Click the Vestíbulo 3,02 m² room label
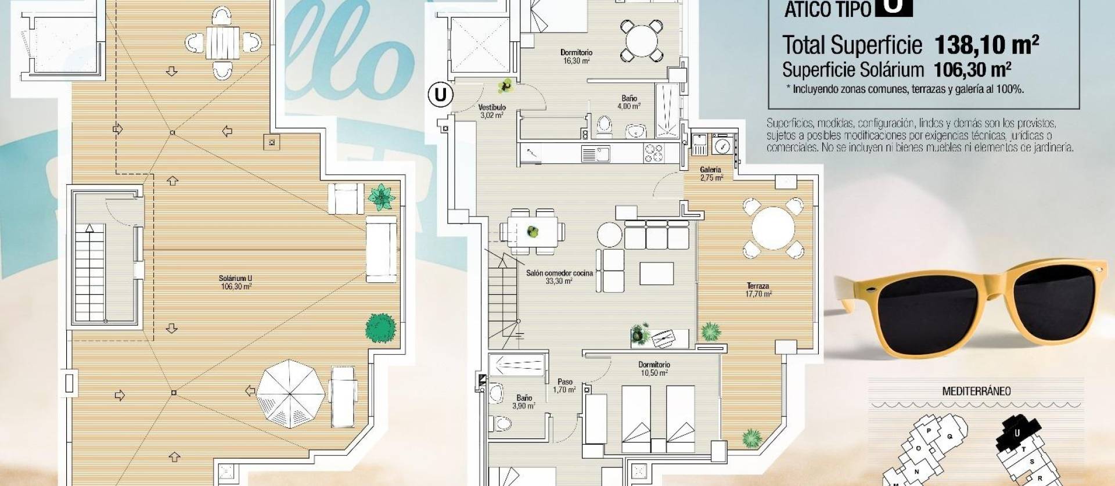click(x=492, y=111)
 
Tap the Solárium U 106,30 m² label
click(x=235, y=282)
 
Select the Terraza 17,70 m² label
click(x=758, y=290)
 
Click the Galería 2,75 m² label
click(x=711, y=174)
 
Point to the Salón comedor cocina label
click(x=559, y=273)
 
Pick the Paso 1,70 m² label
click(x=564, y=386)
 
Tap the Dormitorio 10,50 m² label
click(x=654, y=369)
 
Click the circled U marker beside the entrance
click(x=441, y=94)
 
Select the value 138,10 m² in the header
click(x=986, y=45)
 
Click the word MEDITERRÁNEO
click(x=976, y=391)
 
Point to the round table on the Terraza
click(x=773, y=228)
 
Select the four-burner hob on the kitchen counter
click(x=653, y=153)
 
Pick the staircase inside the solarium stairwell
click(x=90, y=273)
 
